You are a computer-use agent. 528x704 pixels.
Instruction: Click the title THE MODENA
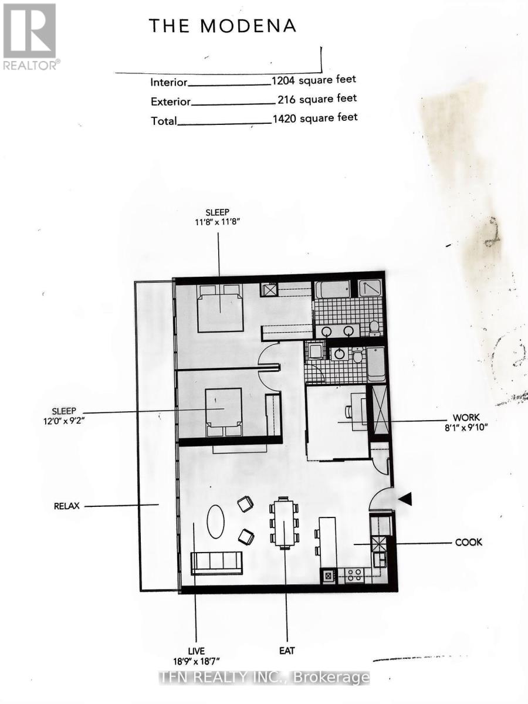tap(222, 26)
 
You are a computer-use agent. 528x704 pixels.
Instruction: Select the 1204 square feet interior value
tap(313, 80)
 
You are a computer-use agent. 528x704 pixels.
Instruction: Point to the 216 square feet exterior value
tap(317, 99)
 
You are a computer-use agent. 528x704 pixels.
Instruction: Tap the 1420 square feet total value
tap(314, 118)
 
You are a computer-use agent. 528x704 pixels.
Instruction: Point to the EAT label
tap(287, 651)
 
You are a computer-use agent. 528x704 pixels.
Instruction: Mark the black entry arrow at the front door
tap(405, 499)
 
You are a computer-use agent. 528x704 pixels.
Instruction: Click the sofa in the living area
tap(216, 563)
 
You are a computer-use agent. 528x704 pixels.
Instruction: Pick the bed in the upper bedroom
tap(220, 308)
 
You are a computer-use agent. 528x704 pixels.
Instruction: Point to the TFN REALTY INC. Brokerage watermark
tap(265, 678)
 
